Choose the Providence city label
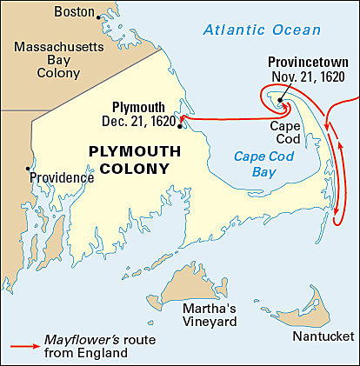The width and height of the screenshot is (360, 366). click(62, 177)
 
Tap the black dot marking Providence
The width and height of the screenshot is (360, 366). click(29, 169)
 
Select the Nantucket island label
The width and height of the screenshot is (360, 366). click(323, 336)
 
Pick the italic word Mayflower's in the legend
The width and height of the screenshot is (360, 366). click(75, 339)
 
